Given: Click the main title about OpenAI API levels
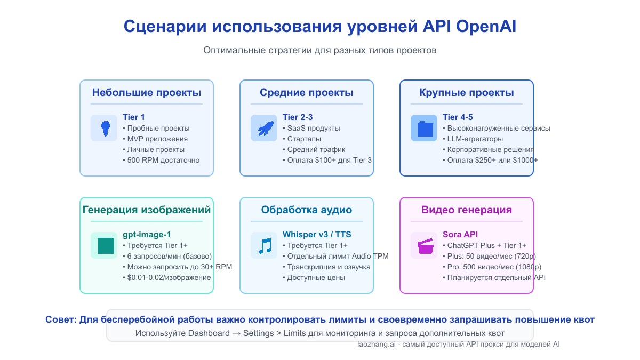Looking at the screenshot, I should pos(319,27).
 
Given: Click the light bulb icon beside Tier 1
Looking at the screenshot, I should pos(104,128).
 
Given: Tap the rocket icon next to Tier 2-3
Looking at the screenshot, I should pos(264,128).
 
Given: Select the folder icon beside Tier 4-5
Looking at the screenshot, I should pos(424,128).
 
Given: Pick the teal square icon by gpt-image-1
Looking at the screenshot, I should pos(104,245).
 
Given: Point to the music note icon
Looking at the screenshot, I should pos(264,245).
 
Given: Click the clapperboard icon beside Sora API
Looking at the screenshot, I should pos(424,245).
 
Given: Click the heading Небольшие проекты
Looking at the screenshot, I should pos(147,93).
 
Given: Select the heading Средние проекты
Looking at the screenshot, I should pos(307,93).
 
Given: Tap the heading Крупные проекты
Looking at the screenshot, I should pos(467,93).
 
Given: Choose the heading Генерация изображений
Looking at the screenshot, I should pos(147,210).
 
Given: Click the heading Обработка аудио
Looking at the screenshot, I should pos(307,210).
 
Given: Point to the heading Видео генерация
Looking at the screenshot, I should pos(467,210).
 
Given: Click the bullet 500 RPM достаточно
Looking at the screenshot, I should pos(161,160).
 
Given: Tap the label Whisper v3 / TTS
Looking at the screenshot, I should pos(317,234).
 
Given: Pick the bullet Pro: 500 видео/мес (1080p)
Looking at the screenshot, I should pos(492,267).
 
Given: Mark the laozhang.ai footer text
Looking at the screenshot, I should pos(459,345).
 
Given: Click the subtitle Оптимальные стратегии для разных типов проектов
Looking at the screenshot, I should pos(319,51).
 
